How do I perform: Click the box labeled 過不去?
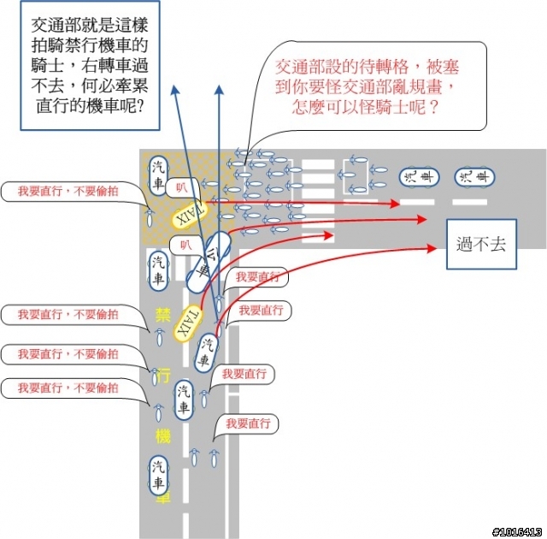[x=481, y=244]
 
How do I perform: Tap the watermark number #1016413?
[x=518, y=531]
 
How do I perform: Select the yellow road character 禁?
[x=162, y=314]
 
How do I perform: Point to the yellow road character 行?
[x=162, y=376]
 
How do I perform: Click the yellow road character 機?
[x=162, y=435]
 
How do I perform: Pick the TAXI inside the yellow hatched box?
[x=190, y=214]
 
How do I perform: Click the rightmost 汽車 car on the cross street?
[x=475, y=176]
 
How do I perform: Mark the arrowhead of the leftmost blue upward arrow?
[x=174, y=88]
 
